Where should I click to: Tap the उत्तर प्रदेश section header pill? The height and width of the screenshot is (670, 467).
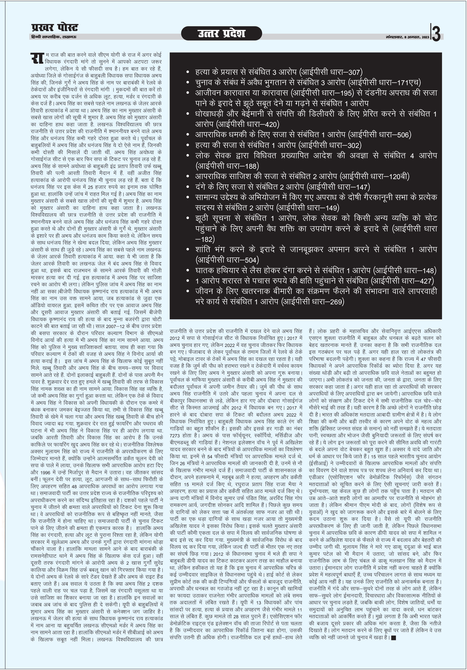[221, 33]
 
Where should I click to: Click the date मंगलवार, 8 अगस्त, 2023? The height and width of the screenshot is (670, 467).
[407, 38]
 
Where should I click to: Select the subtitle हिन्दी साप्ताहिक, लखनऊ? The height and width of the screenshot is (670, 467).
[54, 37]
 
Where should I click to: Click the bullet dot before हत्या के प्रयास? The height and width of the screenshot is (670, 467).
[188, 72]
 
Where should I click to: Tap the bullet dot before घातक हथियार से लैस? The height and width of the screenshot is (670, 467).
[188, 271]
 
